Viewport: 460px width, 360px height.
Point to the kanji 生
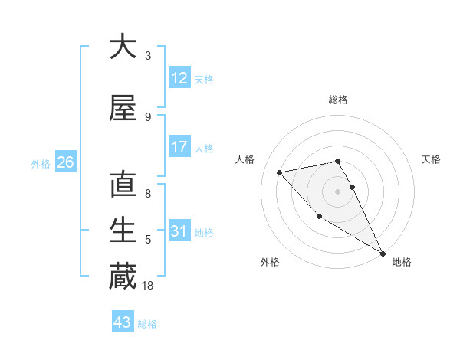(x=123, y=231)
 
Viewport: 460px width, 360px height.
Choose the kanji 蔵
(x=123, y=277)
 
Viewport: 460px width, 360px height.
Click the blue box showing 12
(x=179, y=78)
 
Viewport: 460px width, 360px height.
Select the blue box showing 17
(x=179, y=147)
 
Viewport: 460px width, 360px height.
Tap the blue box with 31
(x=179, y=231)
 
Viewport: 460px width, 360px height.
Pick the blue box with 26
(x=65, y=162)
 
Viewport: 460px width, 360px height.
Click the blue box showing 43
(x=122, y=322)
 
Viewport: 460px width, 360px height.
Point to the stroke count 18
(x=149, y=286)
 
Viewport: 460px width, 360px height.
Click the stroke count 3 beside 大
(x=148, y=56)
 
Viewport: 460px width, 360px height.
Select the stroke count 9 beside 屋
(x=148, y=117)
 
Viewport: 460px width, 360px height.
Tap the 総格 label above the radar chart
(x=338, y=100)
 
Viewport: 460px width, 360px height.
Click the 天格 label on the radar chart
(x=431, y=159)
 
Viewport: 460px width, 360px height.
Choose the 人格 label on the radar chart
(x=245, y=159)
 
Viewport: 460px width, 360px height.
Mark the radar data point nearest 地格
(x=383, y=254)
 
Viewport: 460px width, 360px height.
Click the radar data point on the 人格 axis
(x=280, y=172)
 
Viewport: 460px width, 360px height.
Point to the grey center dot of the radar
(x=337, y=191)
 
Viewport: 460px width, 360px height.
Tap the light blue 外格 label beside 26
(x=41, y=163)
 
